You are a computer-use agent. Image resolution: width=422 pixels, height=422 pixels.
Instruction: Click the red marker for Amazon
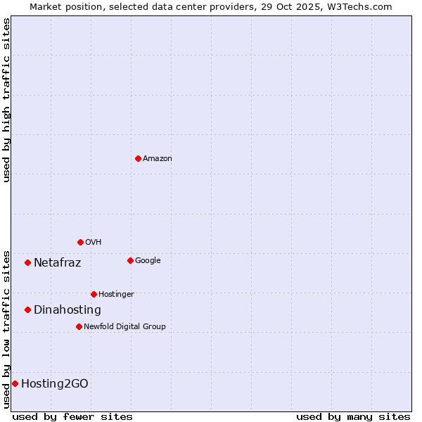(x=138, y=158)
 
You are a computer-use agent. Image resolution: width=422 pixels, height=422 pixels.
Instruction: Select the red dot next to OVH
(x=80, y=242)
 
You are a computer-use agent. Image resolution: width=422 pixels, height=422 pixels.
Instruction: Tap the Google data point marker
(x=130, y=260)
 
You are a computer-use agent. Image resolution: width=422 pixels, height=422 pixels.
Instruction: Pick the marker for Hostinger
(x=94, y=294)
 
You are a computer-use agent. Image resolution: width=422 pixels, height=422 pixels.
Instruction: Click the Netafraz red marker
(x=27, y=262)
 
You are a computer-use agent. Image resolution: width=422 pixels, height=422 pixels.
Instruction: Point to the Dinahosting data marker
(x=27, y=309)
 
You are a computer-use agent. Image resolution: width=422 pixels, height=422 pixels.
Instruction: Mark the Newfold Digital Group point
(x=79, y=326)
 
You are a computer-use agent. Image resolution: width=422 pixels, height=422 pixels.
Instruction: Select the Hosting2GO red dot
(x=15, y=383)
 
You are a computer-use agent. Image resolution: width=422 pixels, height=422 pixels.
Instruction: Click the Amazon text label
(x=158, y=159)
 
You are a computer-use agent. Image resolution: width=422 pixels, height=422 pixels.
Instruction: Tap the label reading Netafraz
(x=57, y=263)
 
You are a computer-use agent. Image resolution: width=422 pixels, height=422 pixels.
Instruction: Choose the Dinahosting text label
(x=67, y=310)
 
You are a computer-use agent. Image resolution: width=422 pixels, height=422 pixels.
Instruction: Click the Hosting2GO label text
(x=54, y=384)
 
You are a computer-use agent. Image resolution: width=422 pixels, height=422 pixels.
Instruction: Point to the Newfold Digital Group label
(x=124, y=326)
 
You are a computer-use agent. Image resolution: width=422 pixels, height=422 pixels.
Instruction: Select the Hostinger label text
(x=116, y=294)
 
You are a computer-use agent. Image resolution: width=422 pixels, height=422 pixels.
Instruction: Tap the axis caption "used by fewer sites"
(x=72, y=416)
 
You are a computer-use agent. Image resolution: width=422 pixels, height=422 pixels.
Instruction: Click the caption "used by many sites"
(x=353, y=416)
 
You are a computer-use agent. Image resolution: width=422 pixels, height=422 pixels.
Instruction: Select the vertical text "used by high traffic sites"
(x=6, y=100)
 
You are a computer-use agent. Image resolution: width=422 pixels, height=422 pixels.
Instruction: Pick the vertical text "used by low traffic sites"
(x=6, y=329)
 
